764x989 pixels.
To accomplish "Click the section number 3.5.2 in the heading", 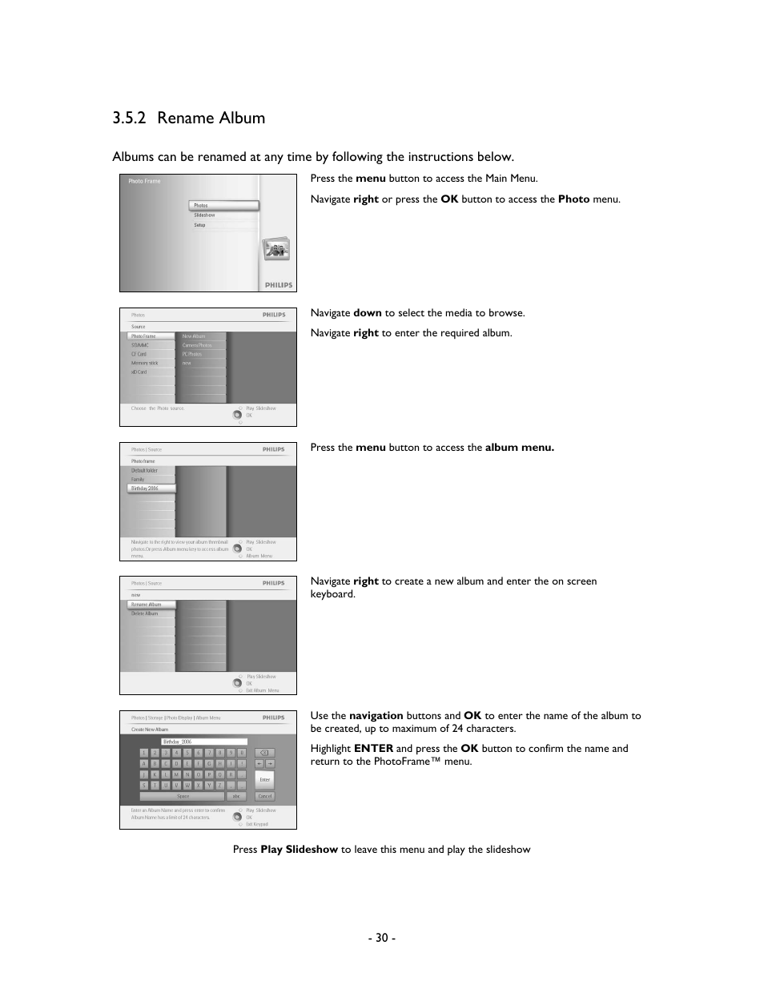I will tap(129, 119).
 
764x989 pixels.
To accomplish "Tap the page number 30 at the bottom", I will tap(381, 938).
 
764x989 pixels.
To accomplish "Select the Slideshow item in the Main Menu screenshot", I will tap(204, 215).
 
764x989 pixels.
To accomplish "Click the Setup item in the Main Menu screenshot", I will tap(199, 225).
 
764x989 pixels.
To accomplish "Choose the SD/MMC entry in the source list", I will tap(141, 345).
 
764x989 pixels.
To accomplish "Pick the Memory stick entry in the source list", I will tap(145, 363).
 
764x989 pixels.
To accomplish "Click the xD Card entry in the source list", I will tap(139, 372).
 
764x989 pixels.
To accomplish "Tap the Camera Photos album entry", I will tap(197, 345).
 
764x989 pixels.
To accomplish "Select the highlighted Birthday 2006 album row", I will tap(151, 488).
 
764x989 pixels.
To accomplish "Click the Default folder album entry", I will tap(145, 470).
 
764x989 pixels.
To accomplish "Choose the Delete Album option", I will tap(145, 613).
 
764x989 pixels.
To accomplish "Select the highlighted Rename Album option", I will tap(150, 605).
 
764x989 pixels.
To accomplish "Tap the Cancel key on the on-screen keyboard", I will tap(264, 796).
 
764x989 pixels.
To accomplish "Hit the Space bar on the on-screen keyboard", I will tap(183, 796).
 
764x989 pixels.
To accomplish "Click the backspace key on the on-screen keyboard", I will tap(264, 753).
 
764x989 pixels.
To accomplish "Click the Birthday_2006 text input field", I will tap(204, 742).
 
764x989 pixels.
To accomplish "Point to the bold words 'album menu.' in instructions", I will tap(519, 448).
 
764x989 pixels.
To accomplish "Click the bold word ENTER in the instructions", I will tap(373, 749).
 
